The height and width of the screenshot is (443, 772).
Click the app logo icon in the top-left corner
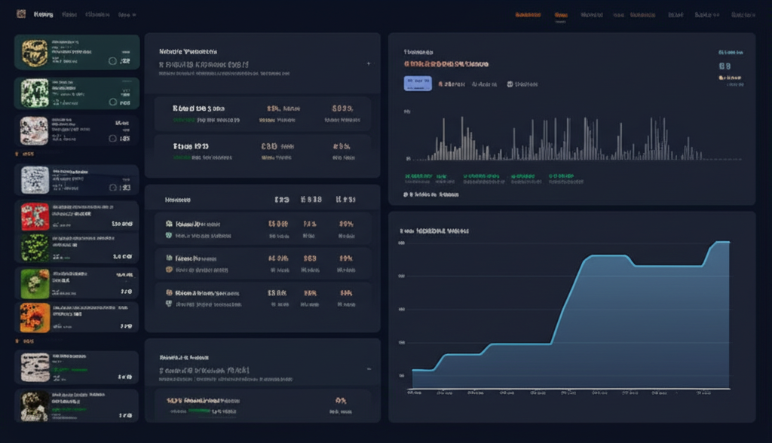[20, 14]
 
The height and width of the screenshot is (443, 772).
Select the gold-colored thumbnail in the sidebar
[35, 52]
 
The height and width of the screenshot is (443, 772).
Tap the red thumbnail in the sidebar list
[35, 217]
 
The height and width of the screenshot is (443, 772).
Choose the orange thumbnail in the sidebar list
[35, 316]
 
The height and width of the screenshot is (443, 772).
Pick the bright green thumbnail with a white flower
[35, 283]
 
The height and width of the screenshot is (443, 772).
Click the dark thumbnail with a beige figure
[35, 405]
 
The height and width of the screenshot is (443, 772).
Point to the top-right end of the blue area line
[728, 242]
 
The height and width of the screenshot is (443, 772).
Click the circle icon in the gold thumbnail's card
[112, 61]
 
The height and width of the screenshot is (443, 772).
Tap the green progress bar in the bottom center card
[199, 411]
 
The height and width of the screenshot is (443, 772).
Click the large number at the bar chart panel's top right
[725, 66]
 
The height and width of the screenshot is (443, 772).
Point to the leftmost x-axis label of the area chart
[415, 393]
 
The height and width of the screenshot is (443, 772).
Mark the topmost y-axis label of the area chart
[401, 243]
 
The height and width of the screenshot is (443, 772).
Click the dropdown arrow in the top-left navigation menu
[133, 14]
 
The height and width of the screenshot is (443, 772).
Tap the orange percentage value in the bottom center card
[340, 401]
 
